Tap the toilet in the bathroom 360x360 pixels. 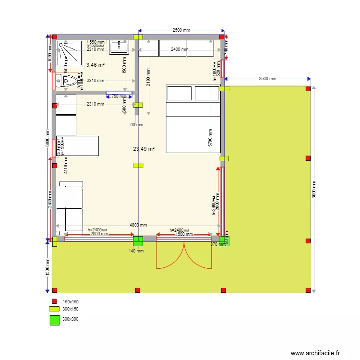tap(70, 81)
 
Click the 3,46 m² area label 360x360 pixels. tap(96, 64)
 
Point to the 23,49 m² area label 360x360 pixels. tap(144, 149)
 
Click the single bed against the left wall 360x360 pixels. tap(77, 146)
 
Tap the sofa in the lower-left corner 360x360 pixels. tap(70, 207)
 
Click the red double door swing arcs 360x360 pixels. tap(184, 254)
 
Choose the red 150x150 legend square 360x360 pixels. tap(55, 301)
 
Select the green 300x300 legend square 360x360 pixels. tap(55, 320)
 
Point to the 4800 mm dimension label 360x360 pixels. tap(138, 225)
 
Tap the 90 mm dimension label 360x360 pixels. tap(137, 125)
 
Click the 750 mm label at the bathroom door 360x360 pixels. tap(117, 96)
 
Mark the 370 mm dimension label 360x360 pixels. tap(217, 244)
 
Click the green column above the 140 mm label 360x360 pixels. tap(138, 241)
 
